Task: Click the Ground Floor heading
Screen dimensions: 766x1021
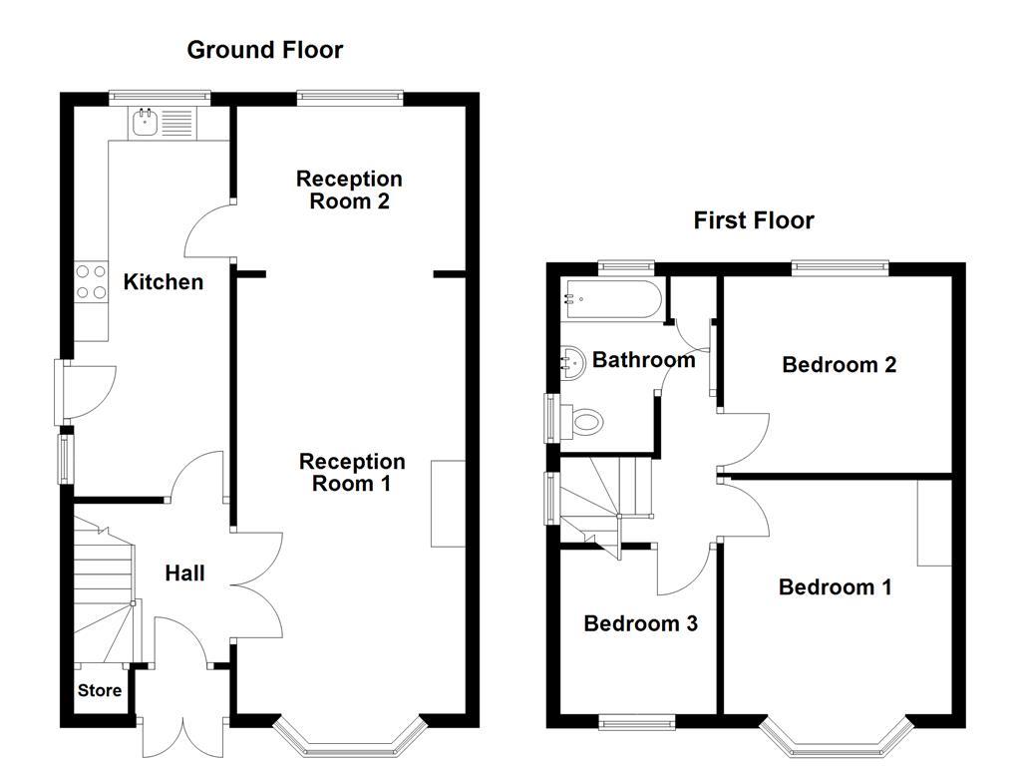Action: click(x=264, y=50)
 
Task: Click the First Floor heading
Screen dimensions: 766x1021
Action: click(x=754, y=220)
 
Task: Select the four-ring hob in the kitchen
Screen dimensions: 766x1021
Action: click(x=92, y=280)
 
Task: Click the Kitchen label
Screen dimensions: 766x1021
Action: click(x=163, y=282)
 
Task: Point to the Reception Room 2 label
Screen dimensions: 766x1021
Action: click(x=349, y=190)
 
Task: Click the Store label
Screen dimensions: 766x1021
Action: click(x=100, y=690)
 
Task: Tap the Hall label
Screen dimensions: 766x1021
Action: click(x=184, y=573)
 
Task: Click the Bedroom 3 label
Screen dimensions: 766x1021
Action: click(x=640, y=623)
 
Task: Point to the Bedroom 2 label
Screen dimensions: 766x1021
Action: click(x=839, y=364)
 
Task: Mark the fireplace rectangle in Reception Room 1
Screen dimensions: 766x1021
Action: click(x=448, y=504)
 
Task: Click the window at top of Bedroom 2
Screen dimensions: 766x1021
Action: click(x=840, y=266)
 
